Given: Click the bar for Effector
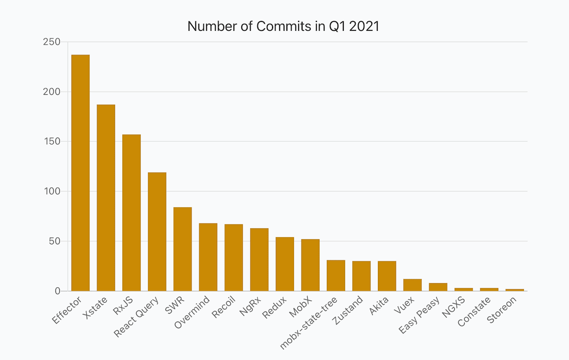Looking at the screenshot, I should click(80, 173).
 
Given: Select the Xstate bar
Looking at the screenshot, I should click(106, 198).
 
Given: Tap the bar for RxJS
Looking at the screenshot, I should click(131, 213).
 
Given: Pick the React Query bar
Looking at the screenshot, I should click(157, 232).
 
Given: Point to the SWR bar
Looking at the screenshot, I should click(183, 249).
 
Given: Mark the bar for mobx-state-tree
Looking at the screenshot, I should click(336, 276).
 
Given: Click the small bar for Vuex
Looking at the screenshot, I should click(413, 285).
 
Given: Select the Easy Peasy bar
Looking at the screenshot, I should click(438, 287).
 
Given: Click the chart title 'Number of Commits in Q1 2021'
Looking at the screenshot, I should click(284, 27).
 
